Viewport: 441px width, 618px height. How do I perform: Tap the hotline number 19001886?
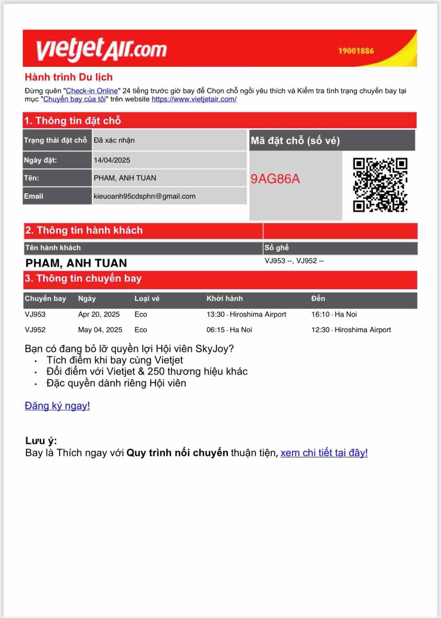click(x=356, y=51)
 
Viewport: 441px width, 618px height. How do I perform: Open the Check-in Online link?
click(x=92, y=91)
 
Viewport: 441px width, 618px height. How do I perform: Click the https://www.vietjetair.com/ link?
click(x=194, y=99)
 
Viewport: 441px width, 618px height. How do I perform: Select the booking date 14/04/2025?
click(x=112, y=160)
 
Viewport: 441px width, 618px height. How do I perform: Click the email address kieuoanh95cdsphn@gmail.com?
click(x=145, y=196)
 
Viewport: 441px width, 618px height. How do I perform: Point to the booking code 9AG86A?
click(x=275, y=179)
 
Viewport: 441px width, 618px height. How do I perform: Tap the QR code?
click(x=380, y=185)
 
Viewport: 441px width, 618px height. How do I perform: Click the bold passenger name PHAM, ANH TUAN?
click(x=76, y=263)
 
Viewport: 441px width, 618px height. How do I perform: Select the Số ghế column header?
click(x=276, y=248)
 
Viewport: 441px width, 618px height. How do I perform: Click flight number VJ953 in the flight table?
click(x=35, y=314)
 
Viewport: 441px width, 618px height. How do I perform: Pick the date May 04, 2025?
click(x=100, y=330)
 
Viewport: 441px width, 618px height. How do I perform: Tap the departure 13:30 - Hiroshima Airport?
click(x=246, y=314)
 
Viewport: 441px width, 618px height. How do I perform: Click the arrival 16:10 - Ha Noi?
click(x=334, y=314)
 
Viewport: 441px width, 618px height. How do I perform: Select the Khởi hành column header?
click(x=225, y=299)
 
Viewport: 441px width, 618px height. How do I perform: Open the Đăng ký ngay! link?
click(x=57, y=406)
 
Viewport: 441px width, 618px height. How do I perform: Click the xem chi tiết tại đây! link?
click(x=324, y=453)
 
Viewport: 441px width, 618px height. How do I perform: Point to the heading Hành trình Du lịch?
click(x=69, y=77)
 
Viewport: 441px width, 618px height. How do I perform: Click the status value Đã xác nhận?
click(x=114, y=140)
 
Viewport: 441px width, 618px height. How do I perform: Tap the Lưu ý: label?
click(x=41, y=441)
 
